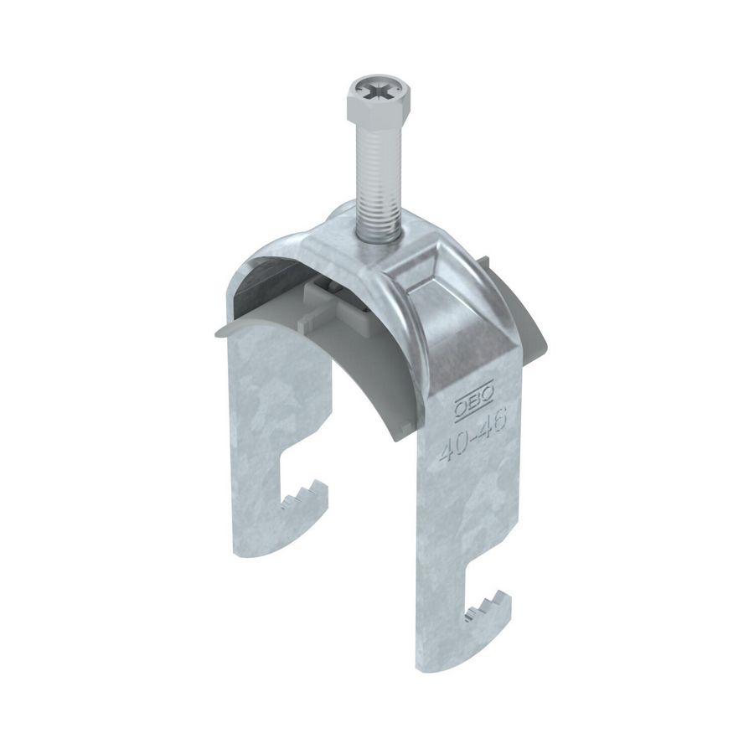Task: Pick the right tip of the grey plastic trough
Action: (x=545, y=343)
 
